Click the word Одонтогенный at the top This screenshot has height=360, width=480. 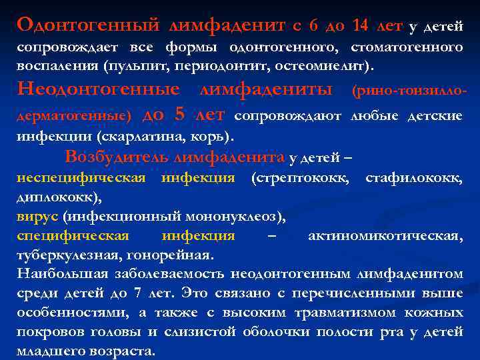pyautogui.click(x=88, y=25)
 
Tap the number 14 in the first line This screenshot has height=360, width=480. pyautogui.click(x=360, y=25)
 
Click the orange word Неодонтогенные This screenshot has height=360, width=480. pyautogui.click(x=98, y=89)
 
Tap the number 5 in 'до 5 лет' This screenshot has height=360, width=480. pyautogui.click(x=179, y=114)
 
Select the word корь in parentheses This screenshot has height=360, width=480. pyautogui.click(x=213, y=137)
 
